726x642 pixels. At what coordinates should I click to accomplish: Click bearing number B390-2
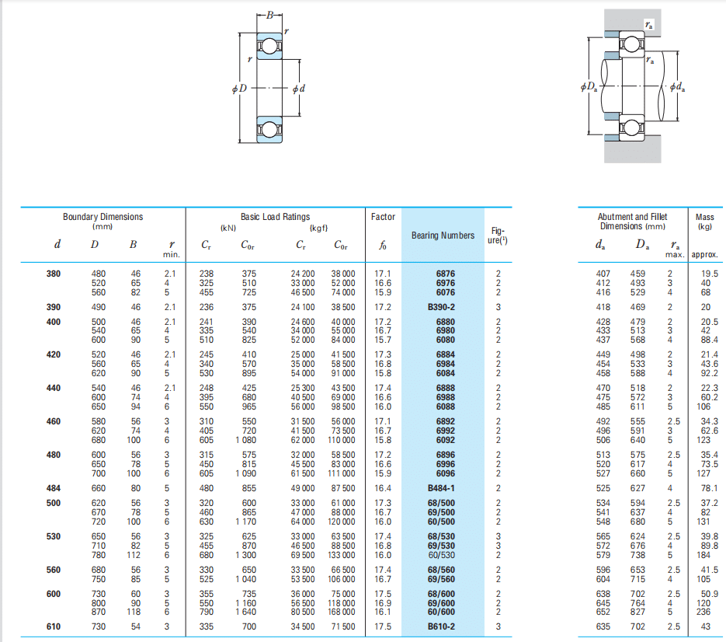click(441, 307)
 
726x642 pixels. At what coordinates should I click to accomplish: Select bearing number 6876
click(446, 274)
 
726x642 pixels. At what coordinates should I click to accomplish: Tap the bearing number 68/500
click(441, 503)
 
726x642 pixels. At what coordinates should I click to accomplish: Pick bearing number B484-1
click(441, 488)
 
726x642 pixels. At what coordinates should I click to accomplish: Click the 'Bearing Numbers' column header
click(443, 236)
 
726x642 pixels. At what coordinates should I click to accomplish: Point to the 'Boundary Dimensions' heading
click(102, 217)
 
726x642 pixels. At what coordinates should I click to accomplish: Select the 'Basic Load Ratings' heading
click(275, 217)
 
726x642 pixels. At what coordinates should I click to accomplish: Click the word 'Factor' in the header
click(383, 217)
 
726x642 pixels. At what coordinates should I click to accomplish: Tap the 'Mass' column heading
click(705, 217)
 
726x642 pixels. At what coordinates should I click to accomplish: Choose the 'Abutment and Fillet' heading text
click(633, 217)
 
